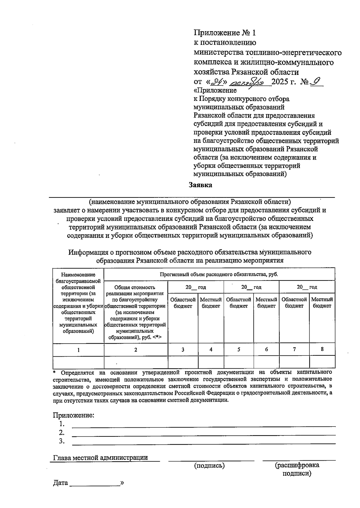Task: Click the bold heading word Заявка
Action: click(200, 185)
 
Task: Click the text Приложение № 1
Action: click(225, 32)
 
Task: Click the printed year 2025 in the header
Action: click(280, 82)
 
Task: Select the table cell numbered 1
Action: click(78, 349)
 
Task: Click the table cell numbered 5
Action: click(238, 349)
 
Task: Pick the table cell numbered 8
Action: click(322, 349)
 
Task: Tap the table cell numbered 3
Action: click(183, 349)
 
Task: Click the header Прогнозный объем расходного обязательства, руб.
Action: click(219, 274)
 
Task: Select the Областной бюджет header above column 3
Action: click(183, 303)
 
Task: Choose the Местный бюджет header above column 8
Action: click(322, 303)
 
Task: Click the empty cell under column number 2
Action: click(136, 362)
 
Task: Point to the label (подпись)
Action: click(209, 465)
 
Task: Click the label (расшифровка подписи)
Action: click(297, 469)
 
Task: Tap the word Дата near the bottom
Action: click(60, 483)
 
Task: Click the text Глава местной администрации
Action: click(100, 458)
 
